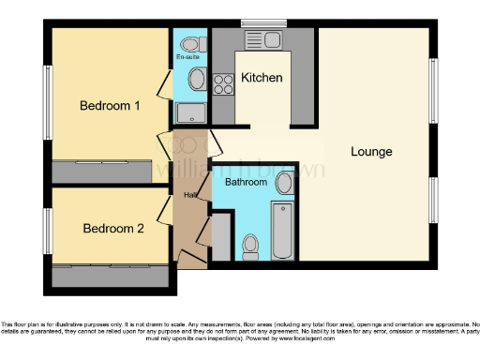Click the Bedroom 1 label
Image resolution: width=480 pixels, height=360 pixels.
pyautogui.click(x=110, y=106)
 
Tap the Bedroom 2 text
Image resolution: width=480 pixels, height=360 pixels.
pyautogui.click(x=113, y=228)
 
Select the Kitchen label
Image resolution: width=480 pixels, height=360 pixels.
pyautogui.click(x=262, y=78)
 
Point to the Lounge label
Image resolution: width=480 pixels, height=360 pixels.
pyautogui.click(x=371, y=151)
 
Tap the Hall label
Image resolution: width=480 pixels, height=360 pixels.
pyautogui.click(x=190, y=195)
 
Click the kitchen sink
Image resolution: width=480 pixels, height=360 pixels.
pyautogui.click(x=261, y=40)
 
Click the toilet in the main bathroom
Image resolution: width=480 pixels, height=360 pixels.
pyautogui.click(x=249, y=246)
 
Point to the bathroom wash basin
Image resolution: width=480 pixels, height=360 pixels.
pyautogui.click(x=285, y=184)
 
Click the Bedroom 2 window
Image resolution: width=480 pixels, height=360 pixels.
pyautogui.click(x=47, y=231)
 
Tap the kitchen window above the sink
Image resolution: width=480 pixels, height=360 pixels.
pyautogui.click(x=262, y=23)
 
